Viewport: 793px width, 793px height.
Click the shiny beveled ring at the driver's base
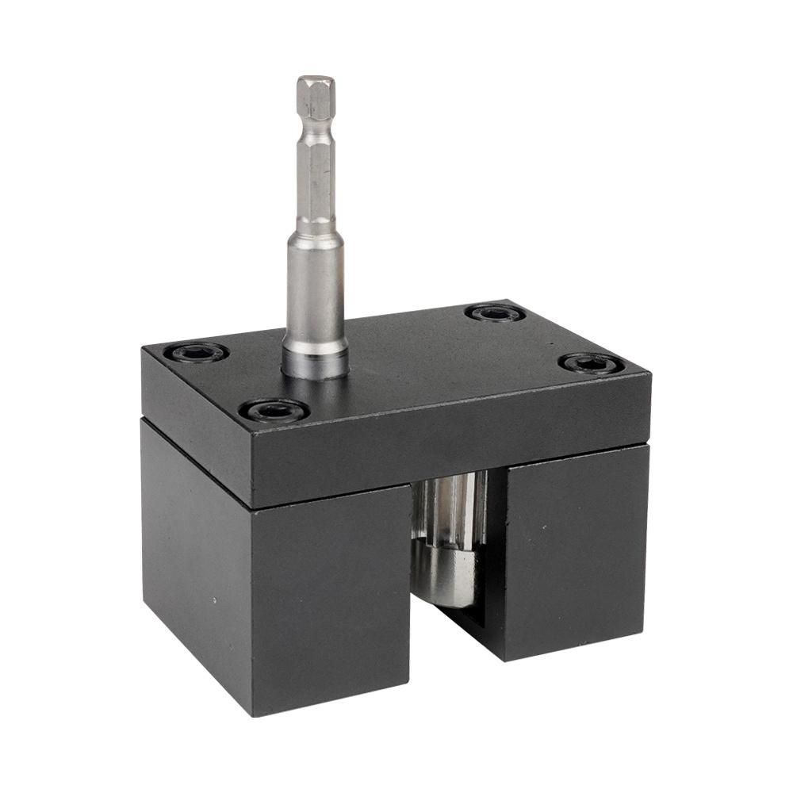click(315, 365)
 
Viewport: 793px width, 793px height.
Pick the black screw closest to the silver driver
click(274, 410)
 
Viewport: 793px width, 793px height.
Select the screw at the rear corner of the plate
click(495, 313)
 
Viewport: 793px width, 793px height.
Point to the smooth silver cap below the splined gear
click(448, 575)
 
